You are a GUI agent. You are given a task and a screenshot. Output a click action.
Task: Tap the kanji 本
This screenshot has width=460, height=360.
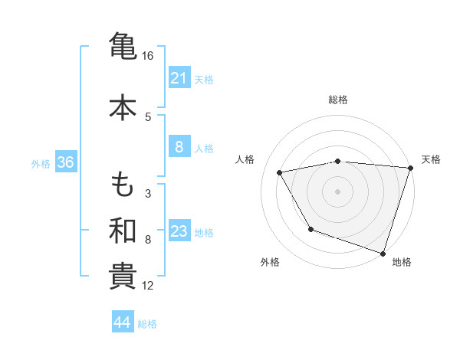(123, 107)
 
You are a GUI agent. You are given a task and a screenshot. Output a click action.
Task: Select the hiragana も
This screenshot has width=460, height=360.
(123, 185)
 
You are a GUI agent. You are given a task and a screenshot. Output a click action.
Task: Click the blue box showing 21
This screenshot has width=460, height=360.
(179, 78)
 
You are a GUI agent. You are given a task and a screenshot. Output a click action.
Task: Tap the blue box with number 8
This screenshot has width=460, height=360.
(179, 147)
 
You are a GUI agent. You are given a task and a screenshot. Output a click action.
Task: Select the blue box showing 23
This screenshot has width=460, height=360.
(179, 231)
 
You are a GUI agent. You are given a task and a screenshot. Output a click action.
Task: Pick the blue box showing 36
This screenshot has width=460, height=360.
(65, 162)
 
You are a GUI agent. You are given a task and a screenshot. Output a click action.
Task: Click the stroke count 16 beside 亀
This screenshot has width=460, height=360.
(148, 56)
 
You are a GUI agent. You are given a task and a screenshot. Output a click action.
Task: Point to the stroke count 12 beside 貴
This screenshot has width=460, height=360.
(148, 286)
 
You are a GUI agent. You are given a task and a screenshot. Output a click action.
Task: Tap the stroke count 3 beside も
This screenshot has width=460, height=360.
(148, 193)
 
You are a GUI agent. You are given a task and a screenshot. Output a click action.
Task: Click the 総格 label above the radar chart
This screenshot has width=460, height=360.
(338, 100)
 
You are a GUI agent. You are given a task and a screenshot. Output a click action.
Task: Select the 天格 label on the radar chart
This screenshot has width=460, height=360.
(431, 159)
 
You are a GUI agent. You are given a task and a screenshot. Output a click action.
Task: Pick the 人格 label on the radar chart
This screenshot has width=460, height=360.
(245, 159)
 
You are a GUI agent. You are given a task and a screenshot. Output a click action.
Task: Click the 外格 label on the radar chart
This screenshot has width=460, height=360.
(270, 263)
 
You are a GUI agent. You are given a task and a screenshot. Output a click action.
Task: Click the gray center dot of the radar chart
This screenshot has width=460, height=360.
(338, 191)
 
